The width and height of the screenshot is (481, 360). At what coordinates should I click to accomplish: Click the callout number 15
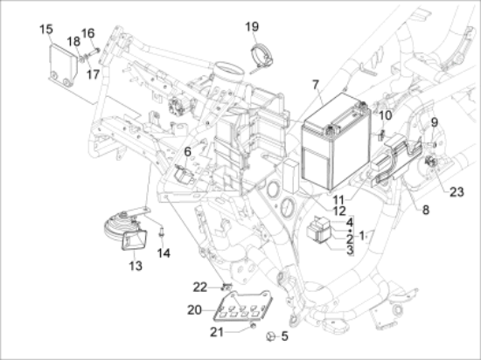pyautogui.click(x=46, y=30)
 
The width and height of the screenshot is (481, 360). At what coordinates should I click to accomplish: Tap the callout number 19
pyautogui.click(x=252, y=27)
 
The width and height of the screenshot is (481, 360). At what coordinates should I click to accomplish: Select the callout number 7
pyautogui.click(x=316, y=85)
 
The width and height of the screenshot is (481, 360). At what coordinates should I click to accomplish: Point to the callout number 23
pyautogui.click(x=457, y=192)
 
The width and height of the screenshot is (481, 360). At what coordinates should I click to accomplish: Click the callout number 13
pyautogui.click(x=136, y=266)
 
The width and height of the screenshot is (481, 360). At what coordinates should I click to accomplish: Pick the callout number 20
pyautogui.click(x=194, y=310)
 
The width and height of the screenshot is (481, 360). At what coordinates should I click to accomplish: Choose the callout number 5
pyautogui.click(x=285, y=336)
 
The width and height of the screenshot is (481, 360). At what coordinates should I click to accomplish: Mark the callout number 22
pyautogui.click(x=200, y=287)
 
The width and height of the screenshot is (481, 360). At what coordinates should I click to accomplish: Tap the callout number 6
pyautogui.click(x=188, y=152)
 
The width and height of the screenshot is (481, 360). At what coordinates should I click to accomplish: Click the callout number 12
pyautogui.click(x=339, y=211)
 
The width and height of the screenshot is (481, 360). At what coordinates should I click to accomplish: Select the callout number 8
pyautogui.click(x=426, y=211)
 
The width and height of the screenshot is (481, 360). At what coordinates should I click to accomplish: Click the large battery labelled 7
pyautogui.click(x=337, y=142)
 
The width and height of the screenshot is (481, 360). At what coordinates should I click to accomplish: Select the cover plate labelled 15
pyautogui.click(x=63, y=65)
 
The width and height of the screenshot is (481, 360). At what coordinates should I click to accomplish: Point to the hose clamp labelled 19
pyautogui.click(x=261, y=58)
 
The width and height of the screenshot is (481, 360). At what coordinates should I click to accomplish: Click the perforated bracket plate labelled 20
pyautogui.click(x=243, y=306)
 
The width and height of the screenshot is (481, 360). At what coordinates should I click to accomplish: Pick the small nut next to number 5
pyautogui.click(x=270, y=336)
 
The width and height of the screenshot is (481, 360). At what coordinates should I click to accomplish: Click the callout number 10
pyautogui.click(x=386, y=116)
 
